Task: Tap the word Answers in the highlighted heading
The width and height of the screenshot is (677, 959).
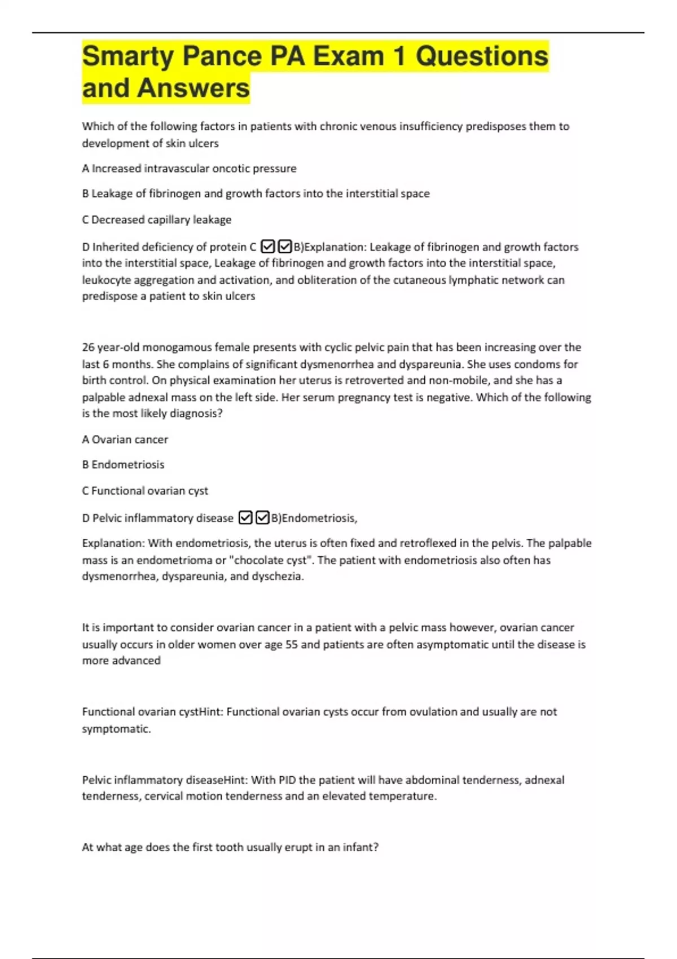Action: coord(193,89)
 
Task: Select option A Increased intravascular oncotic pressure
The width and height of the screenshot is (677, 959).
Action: coord(189,169)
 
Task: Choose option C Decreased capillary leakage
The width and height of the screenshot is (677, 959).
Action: coord(157,220)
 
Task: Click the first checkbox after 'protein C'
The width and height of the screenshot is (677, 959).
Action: coord(268,247)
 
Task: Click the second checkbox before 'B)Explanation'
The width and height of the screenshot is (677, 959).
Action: coord(285,247)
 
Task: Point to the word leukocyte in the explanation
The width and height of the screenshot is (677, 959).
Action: coord(105,280)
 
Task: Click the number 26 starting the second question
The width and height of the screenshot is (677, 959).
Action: coord(88,347)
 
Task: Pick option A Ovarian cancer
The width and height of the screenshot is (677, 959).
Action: coord(125,439)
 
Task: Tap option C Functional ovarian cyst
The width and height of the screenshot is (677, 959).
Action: coord(145,491)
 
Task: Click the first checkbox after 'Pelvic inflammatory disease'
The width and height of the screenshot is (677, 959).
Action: coord(245,518)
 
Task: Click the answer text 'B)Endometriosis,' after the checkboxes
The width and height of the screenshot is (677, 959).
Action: coord(314,518)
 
